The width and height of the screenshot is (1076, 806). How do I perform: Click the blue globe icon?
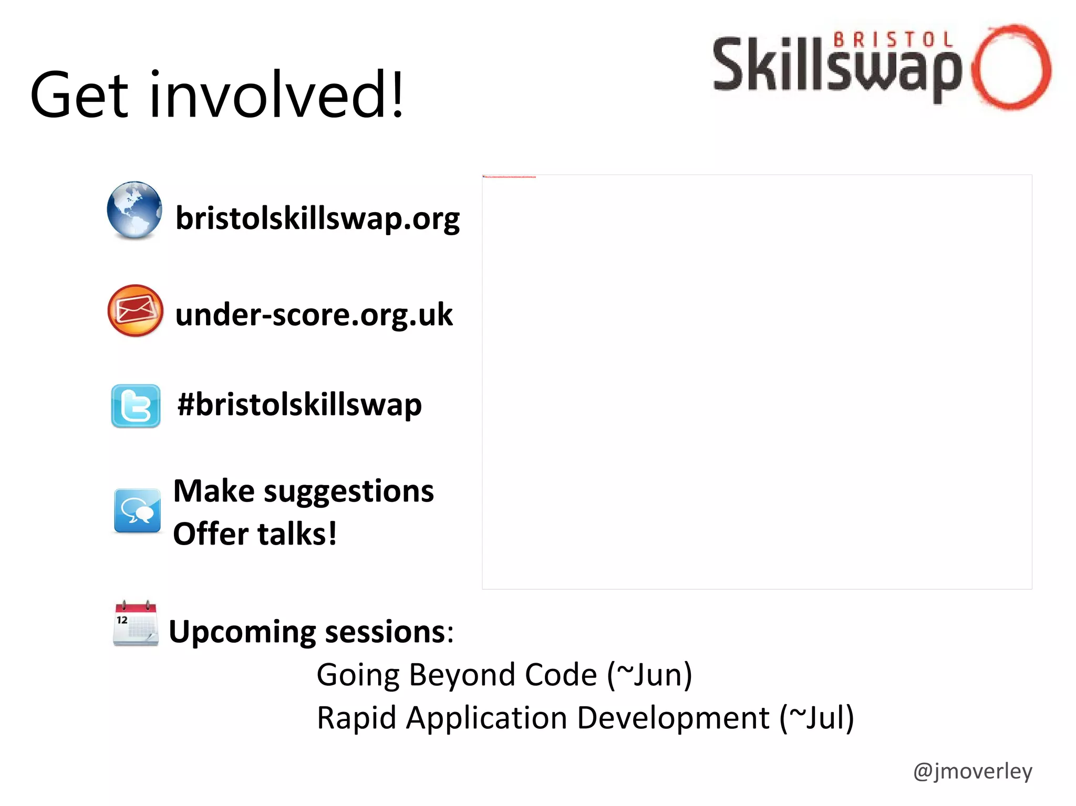134,210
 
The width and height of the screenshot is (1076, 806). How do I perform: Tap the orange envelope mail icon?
135,311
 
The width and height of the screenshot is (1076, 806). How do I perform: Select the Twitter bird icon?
136,406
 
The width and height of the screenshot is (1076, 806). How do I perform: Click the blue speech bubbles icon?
137,510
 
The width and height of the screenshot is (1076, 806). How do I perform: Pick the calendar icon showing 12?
136,623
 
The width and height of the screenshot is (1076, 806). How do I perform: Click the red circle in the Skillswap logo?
1011,67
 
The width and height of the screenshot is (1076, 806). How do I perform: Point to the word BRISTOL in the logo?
893,40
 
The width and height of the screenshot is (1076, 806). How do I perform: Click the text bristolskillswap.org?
317,218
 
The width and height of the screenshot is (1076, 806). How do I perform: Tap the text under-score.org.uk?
314,315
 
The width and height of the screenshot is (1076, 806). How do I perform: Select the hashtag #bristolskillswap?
299,405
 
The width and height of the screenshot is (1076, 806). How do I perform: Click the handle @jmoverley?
972,771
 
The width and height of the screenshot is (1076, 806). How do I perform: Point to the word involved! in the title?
277,95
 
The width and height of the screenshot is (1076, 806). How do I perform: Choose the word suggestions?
348,492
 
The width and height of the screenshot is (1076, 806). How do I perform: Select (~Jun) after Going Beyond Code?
649,675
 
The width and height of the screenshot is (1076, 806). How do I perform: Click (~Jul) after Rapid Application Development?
816,718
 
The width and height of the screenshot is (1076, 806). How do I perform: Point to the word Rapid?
356,718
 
